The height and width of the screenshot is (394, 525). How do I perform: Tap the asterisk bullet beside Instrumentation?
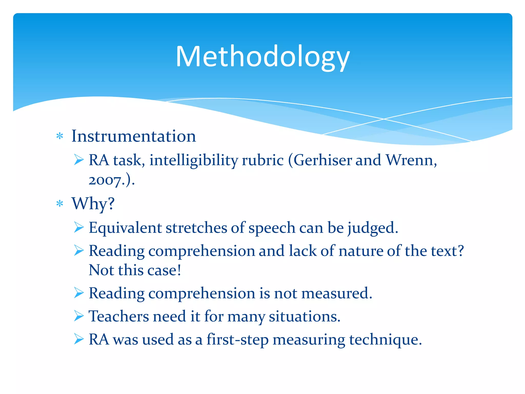(x=60, y=136)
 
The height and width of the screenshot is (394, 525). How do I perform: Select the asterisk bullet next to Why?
(x=60, y=204)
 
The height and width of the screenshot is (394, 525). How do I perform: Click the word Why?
(x=93, y=204)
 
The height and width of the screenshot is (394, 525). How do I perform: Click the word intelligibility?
(x=194, y=160)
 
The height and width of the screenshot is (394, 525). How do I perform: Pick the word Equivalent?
(x=125, y=228)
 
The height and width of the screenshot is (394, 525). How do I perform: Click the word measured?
(x=336, y=293)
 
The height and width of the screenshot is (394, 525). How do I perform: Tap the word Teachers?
(x=119, y=316)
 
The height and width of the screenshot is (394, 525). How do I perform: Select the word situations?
(x=305, y=316)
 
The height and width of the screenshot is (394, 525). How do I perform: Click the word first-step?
(x=237, y=339)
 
